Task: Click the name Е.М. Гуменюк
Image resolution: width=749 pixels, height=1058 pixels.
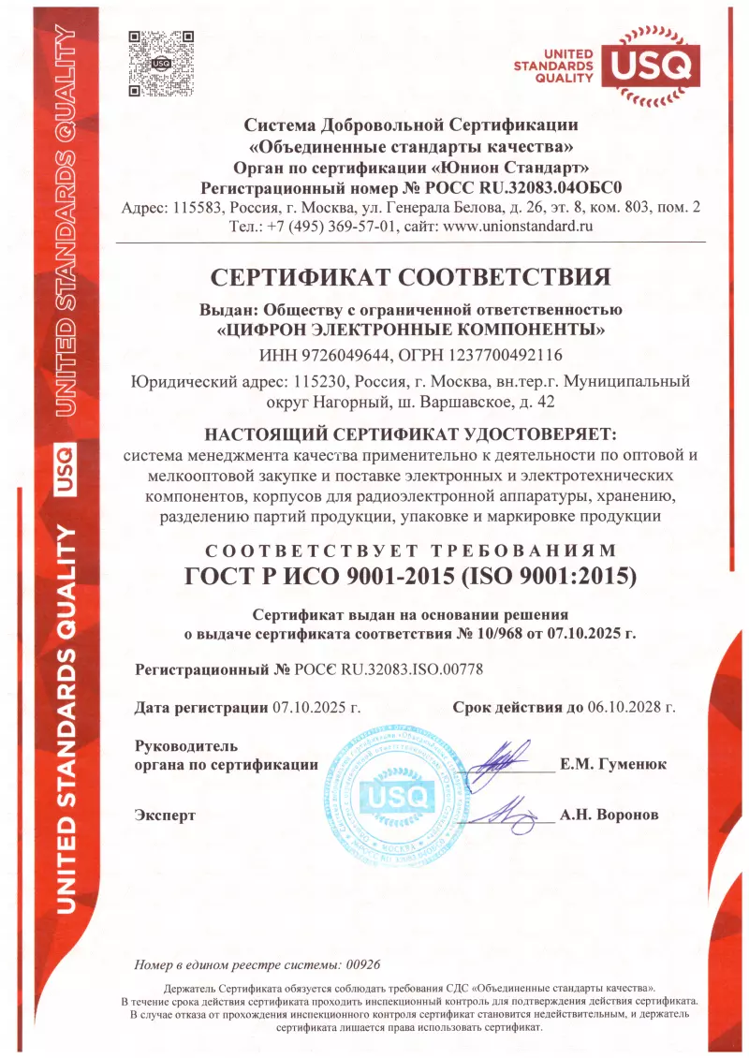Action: click(x=613, y=764)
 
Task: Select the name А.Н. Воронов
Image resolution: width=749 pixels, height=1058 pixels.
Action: click(x=609, y=815)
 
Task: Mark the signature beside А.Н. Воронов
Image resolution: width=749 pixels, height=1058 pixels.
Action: click(x=506, y=811)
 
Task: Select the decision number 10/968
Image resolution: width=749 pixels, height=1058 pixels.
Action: click(x=481, y=634)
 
